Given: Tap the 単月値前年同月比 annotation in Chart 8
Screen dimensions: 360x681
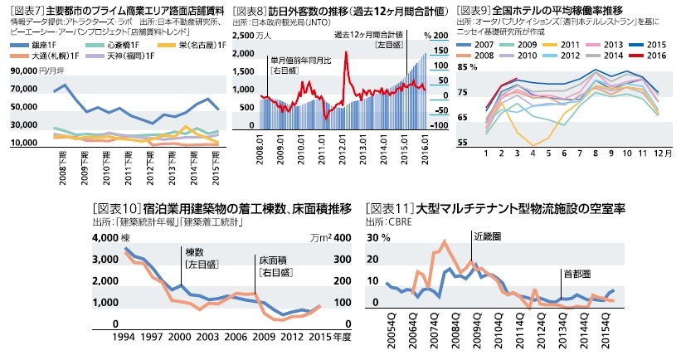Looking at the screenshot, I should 299,61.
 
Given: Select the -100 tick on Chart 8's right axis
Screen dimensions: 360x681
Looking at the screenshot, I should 439,125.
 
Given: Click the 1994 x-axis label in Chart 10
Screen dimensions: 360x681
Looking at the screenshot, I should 125,338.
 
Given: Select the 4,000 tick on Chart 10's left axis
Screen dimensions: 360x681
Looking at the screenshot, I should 104,238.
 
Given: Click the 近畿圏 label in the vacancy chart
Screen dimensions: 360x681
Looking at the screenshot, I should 488,237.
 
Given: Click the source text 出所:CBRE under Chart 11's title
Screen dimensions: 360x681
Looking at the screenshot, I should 388,222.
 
